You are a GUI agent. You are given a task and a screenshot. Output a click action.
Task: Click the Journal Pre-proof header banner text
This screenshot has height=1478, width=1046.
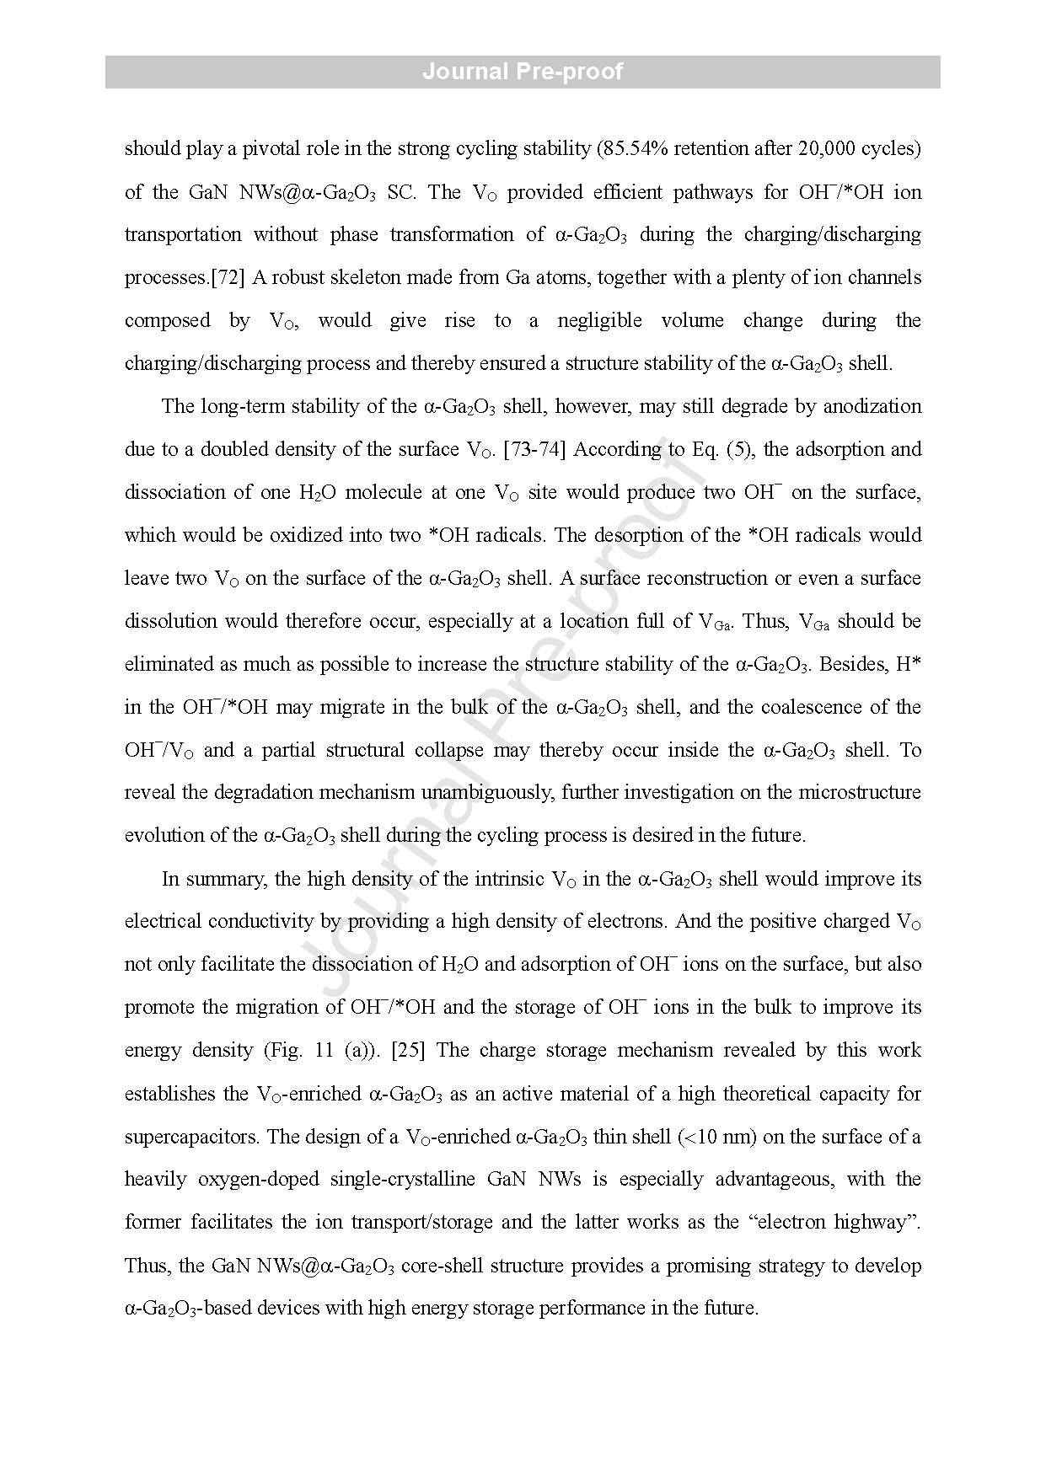coord(523,72)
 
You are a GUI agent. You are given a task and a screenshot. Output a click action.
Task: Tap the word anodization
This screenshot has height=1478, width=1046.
coord(872,406)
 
